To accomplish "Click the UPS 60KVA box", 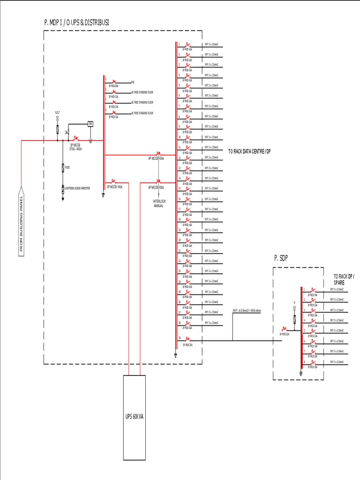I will coord(134,417).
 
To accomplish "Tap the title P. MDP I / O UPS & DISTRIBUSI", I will coord(77,22).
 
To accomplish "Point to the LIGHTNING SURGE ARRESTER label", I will coord(77,187).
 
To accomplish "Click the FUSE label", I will coord(67,167).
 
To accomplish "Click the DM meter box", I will coord(90,124).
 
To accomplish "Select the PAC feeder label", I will coord(133,82).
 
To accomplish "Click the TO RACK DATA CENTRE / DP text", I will coord(249,151).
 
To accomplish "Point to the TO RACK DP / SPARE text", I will coord(343,280).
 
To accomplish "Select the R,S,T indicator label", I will coord(58,113).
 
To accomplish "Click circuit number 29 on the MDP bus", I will coord(180,338).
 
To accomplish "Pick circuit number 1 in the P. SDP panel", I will coord(304,289).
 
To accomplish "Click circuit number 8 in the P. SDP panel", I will coord(304,361).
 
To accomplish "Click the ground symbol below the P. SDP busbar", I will coord(300,374).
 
